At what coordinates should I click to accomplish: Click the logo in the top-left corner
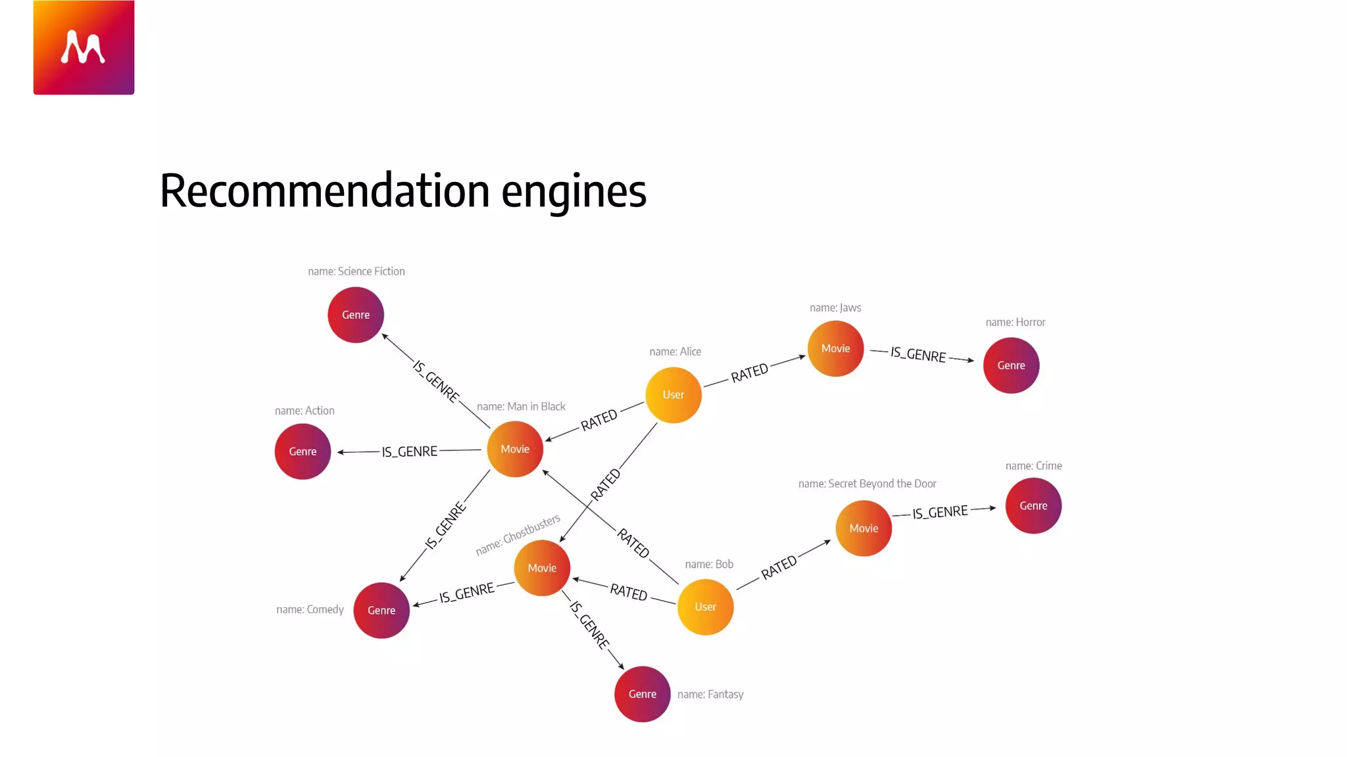tap(84, 47)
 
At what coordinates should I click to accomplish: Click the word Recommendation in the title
tap(325, 191)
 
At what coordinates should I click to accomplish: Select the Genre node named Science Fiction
tap(356, 315)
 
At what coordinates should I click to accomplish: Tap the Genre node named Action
tap(303, 451)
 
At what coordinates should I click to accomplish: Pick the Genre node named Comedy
tap(381, 610)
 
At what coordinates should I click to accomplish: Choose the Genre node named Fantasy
tap(643, 694)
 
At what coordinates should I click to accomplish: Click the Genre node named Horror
tap(1011, 365)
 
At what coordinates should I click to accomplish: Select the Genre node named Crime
tap(1033, 506)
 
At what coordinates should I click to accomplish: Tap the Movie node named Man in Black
tap(515, 449)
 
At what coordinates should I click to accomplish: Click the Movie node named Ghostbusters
tap(542, 568)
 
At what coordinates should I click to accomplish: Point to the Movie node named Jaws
tap(835, 348)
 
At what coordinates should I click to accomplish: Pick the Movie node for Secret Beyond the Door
tap(864, 528)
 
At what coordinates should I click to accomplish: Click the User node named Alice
tap(673, 395)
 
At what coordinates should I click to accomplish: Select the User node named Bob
tap(705, 607)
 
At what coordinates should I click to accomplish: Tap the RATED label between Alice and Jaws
tap(750, 373)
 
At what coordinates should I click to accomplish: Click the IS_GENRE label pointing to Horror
tap(918, 355)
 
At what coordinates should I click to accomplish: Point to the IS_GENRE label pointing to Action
tap(409, 451)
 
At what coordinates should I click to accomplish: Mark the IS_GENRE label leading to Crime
tap(940, 513)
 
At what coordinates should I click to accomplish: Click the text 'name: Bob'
tap(709, 564)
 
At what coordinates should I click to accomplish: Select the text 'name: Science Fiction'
tap(356, 271)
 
